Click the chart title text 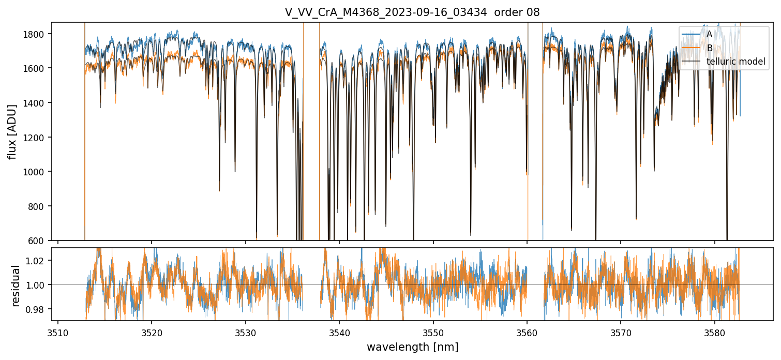pos(412,12)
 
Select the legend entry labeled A pos(709,34)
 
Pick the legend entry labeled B pos(709,48)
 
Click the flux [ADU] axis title pos(12,131)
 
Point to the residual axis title pos(16,285)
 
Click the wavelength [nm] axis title pos(412,347)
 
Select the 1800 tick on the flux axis pos(38,34)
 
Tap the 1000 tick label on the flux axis pos(38,172)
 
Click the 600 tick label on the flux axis pos(40,241)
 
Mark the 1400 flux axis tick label pos(38,103)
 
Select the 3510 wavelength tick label pos(58,331)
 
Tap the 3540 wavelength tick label pos(339,331)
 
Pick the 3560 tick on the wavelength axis pos(527,331)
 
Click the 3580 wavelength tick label pos(714,331)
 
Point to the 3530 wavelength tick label pos(246,331)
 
